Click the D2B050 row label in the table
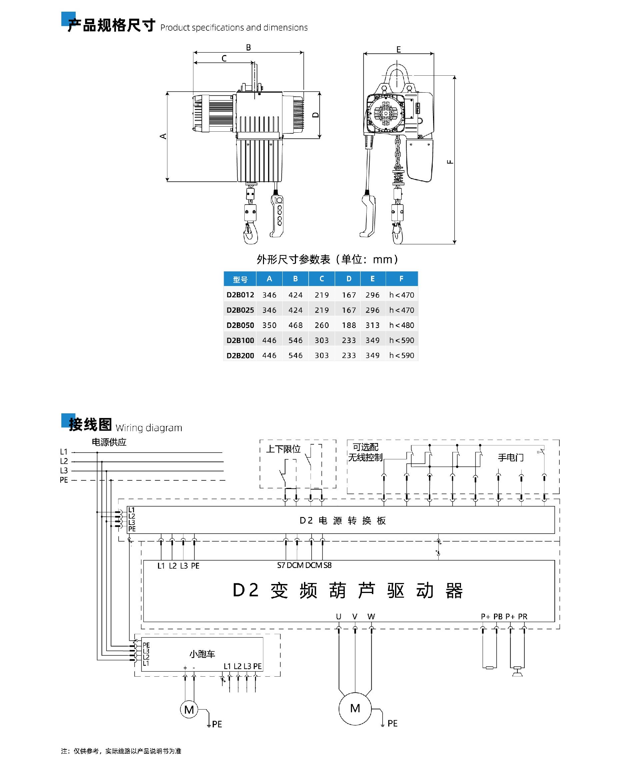240,325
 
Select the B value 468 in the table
295,325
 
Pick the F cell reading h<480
401,325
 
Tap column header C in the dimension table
321,279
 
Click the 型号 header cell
240,279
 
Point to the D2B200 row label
240,355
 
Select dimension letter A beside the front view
163,136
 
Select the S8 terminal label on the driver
327,565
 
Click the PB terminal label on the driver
498,616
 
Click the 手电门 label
511,458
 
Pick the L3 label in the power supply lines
64,470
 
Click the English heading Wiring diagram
149,428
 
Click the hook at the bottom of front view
250,233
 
